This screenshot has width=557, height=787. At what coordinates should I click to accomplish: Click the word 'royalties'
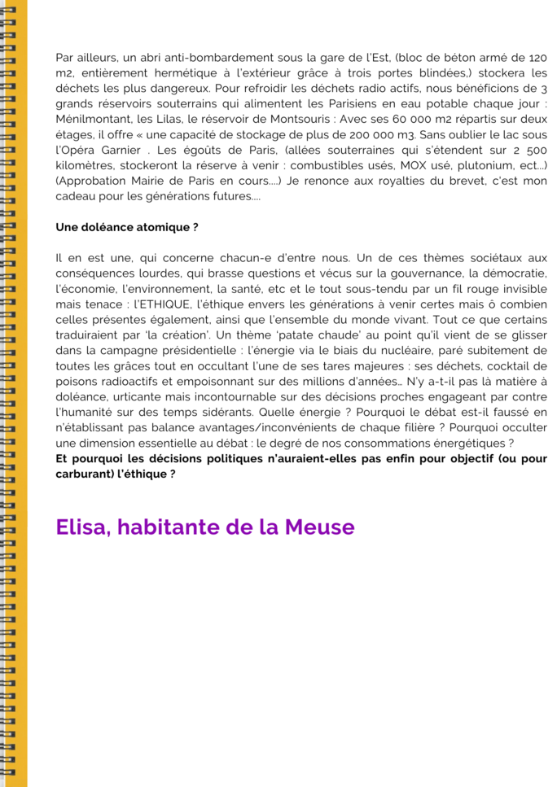pos(383,181)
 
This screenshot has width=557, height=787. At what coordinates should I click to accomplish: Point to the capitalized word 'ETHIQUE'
pos(161,304)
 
